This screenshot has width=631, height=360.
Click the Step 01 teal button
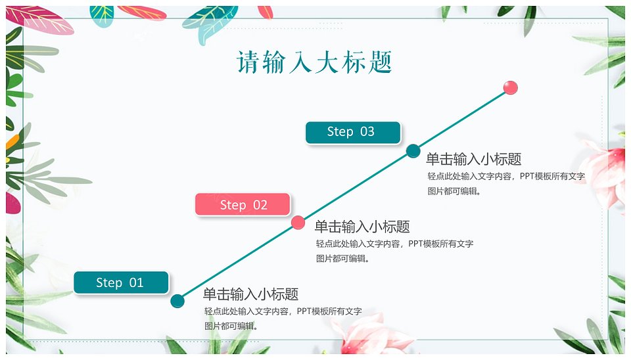click(x=121, y=282)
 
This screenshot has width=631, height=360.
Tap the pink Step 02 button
click(x=243, y=205)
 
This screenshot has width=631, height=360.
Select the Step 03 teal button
click(x=353, y=132)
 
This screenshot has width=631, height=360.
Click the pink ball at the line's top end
click(x=510, y=87)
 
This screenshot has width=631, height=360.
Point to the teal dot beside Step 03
click(x=413, y=151)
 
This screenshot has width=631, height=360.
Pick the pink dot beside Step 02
click(x=298, y=223)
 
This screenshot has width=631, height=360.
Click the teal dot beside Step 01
click(x=177, y=301)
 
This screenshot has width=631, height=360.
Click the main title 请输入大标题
click(x=314, y=62)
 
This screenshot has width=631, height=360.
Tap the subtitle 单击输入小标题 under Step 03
click(x=474, y=159)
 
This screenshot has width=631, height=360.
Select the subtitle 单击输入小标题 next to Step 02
click(x=362, y=227)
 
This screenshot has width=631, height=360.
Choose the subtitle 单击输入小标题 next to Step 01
click(x=250, y=294)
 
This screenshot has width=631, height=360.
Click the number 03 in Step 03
click(x=367, y=131)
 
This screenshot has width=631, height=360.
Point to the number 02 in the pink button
click(x=260, y=205)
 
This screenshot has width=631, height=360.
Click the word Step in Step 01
click(x=109, y=282)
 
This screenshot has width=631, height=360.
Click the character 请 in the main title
click(x=248, y=62)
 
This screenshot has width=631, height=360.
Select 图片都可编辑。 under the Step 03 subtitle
click(x=454, y=191)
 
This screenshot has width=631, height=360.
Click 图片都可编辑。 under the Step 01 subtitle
click(x=231, y=326)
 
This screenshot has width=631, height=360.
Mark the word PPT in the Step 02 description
click(x=415, y=244)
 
